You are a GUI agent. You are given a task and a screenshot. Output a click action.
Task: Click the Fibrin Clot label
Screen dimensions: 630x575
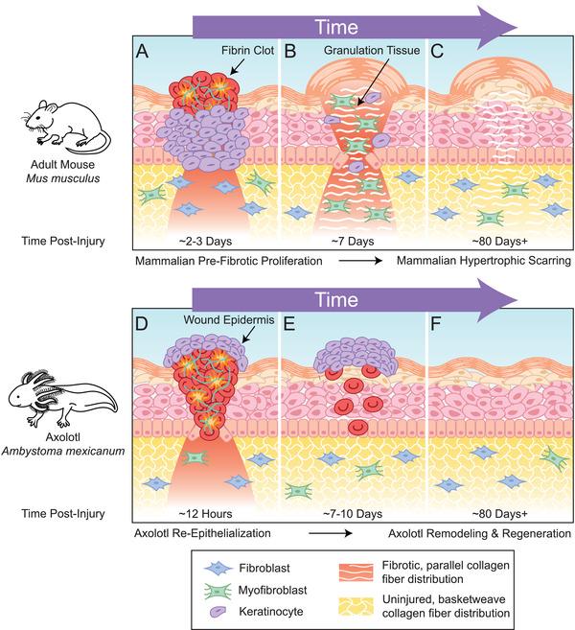coord(221,46)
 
